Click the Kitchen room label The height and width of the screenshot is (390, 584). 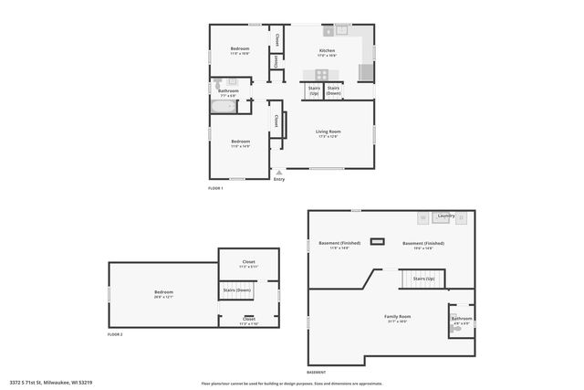327,50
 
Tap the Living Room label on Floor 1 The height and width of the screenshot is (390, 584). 328,132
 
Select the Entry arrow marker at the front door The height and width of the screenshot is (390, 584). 279,172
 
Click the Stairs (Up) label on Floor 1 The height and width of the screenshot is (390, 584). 314,90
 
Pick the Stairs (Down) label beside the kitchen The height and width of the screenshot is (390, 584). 334,90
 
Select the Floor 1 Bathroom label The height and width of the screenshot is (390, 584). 228,90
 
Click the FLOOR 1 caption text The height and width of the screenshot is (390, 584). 215,188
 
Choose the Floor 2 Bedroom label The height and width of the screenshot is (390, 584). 163,292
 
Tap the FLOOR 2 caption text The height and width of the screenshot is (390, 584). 115,335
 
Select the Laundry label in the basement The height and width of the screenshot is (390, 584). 445,216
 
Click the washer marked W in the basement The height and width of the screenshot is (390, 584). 423,217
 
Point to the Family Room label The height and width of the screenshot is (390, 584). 398,316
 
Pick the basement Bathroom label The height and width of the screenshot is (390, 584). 462,318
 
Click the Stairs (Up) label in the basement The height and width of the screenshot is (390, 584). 423,278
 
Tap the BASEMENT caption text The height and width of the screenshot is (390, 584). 317,373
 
